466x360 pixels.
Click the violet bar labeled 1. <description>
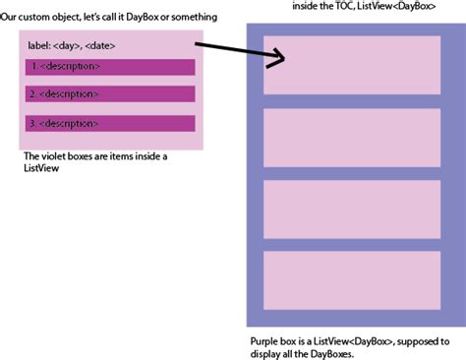(x=109, y=67)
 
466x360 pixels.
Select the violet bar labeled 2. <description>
(x=109, y=95)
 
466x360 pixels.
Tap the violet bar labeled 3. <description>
(x=109, y=124)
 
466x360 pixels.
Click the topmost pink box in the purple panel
(x=352, y=65)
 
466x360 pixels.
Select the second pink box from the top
(x=352, y=137)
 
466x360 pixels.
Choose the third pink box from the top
(x=352, y=209)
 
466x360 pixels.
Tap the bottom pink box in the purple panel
(x=352, y=279)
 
